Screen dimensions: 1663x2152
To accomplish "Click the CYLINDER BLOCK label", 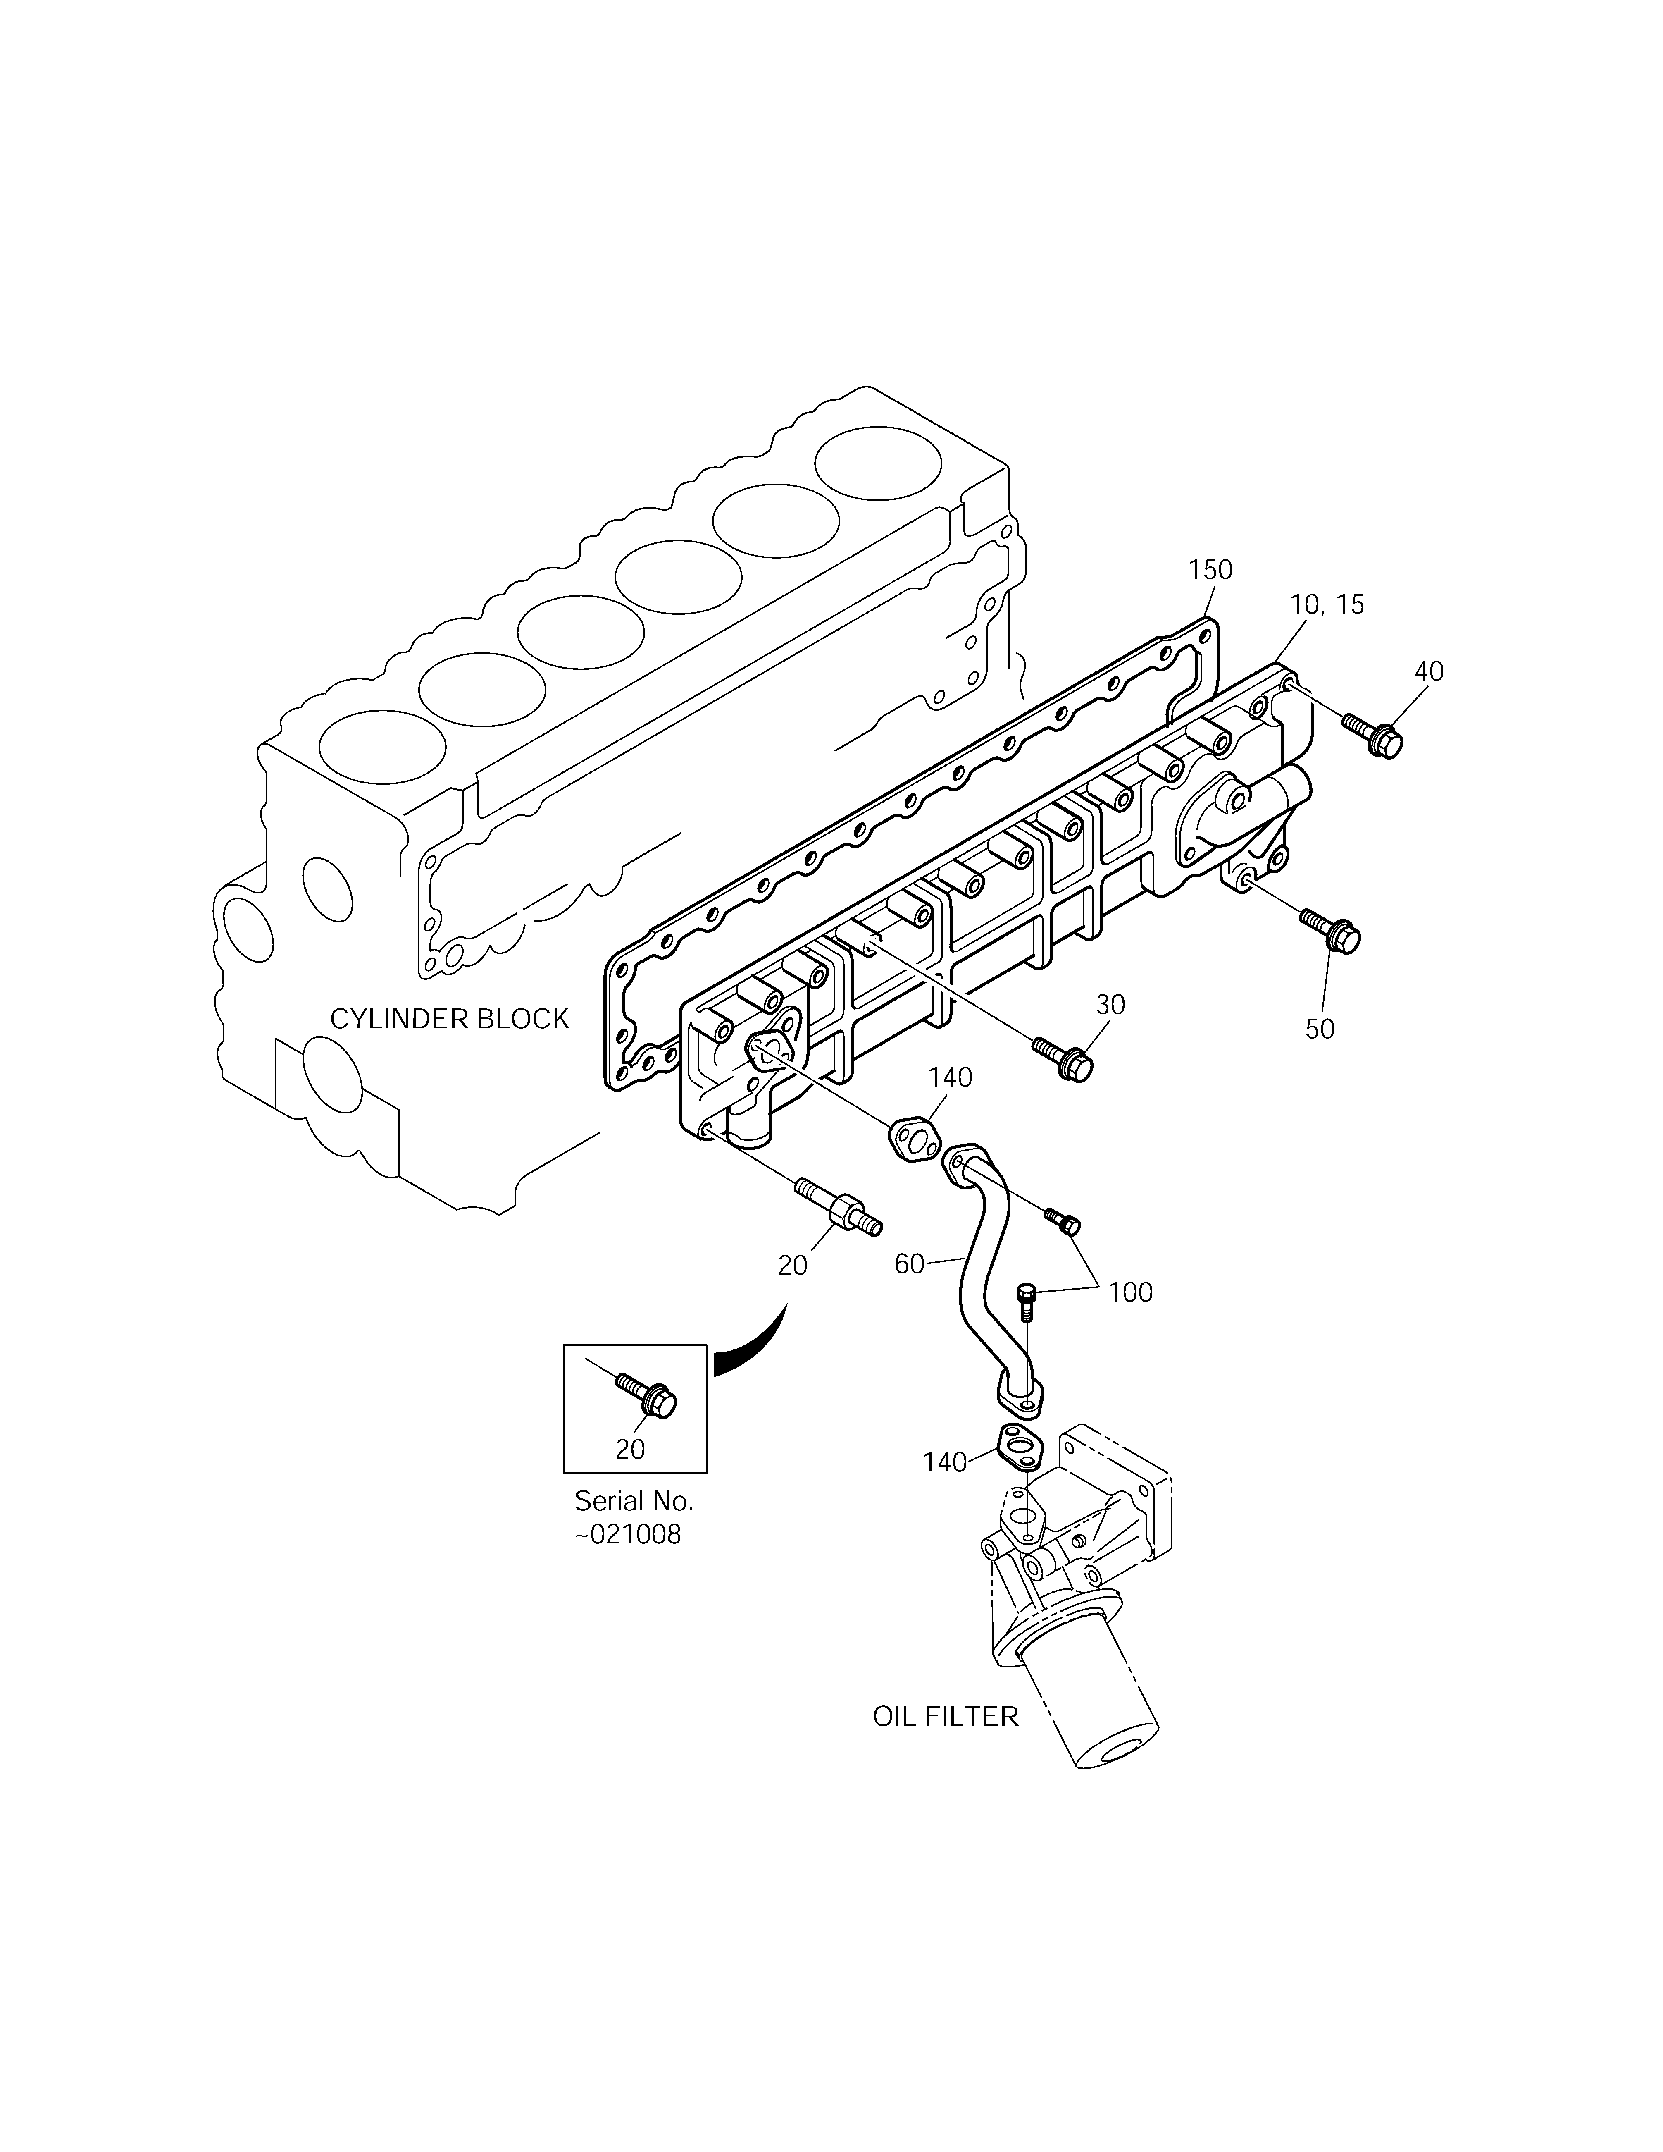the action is coord(449,1019).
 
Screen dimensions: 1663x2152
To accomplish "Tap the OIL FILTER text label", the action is coord(945,1717).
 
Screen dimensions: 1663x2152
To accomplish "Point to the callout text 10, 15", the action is coord(1327,605).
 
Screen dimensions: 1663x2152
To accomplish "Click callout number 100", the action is coord(1130,1292).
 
